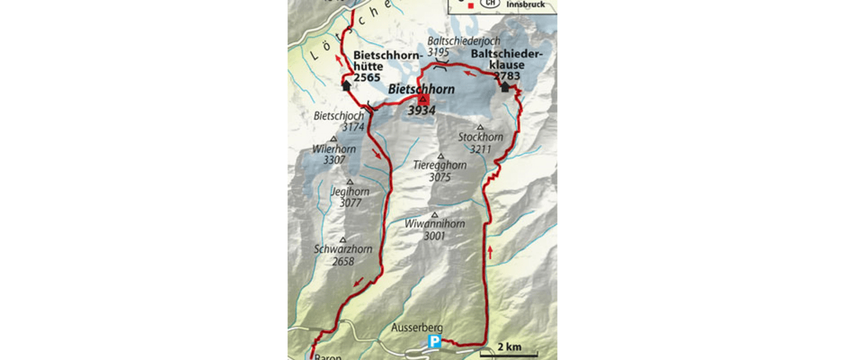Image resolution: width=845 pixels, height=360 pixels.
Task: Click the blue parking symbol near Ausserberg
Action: coord(434,342)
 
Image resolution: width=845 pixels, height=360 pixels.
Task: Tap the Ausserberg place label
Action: coord(418,328)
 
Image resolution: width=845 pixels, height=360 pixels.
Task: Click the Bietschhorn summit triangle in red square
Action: coord(423,99)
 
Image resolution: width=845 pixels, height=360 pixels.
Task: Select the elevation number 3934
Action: coord(422,111)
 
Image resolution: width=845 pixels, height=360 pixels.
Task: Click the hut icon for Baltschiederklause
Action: coord(505,87)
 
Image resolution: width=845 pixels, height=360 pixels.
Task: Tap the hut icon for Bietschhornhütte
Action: coord(346,85)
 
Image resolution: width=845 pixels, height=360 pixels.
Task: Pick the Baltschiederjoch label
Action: coord(464,41)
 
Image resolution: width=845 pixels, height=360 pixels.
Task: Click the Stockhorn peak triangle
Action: coord(480,128)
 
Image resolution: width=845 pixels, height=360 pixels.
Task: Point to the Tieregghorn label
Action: coord(440,166)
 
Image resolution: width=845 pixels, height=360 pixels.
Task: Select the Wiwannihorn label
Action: coord(434,224)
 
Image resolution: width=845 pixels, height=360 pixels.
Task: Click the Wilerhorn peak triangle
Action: coord(334,139)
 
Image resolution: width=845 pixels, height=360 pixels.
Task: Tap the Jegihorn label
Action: coord(349,192)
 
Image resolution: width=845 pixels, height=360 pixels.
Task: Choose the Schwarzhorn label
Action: coord(343,249)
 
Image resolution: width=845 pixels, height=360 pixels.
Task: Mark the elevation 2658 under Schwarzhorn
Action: coord(343,261)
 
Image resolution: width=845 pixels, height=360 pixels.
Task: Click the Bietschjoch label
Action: coord(339,116)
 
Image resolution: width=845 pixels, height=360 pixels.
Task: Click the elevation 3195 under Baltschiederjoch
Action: coord(437,53)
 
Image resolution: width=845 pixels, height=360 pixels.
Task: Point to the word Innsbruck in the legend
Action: coord(525,5)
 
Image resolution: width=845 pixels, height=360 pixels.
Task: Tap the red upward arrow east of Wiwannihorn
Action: coord(489,251)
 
